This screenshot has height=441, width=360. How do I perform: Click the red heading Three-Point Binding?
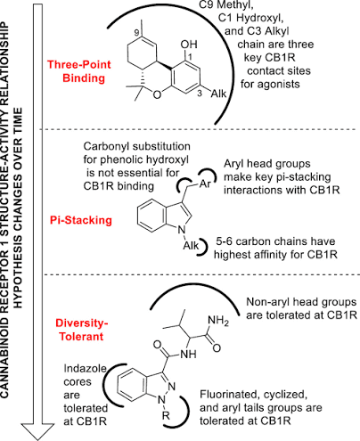[x=79, y=71]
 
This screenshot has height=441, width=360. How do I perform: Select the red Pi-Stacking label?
[x=81, y=220]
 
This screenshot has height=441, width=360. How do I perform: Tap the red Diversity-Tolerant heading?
[x=81, y=330]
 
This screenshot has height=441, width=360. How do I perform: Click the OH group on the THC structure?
[x=189, y=45]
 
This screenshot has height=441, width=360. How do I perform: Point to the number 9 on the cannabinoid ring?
[x=136, y=32]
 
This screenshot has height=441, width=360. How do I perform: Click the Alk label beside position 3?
[x=218, y=94]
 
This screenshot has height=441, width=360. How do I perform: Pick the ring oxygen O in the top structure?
[x=157, y=94]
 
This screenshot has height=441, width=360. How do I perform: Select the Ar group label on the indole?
[x=205, y=184]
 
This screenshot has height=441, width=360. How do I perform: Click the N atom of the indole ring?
[x=181, y=230]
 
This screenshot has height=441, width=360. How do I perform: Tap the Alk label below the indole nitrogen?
[x=191, y=246]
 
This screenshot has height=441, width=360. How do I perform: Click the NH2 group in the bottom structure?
[x=218, y=321]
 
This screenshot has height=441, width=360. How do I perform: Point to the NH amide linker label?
[x=188, y=354]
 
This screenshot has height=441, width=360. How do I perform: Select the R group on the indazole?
[x=166, y=416]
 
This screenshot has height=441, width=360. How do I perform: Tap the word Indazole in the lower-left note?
[x=86, y=369]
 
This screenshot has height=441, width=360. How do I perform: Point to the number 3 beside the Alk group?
[x=200, y=94]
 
